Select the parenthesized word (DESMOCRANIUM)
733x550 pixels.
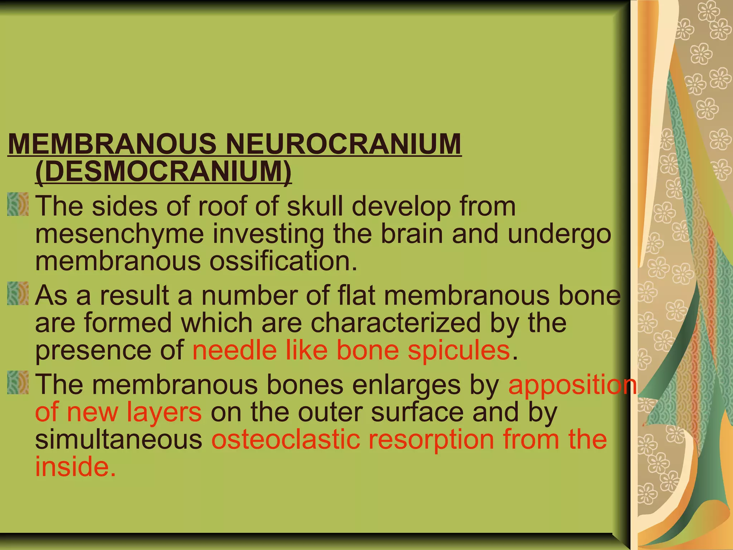coord(164,172)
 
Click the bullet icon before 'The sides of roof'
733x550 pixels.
coord(18,204)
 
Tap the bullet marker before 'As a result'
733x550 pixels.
coord(18,294)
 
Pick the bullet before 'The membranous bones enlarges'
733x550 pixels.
coord(18,383)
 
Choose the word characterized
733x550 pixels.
coord(395,323)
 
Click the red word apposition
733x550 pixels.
coord(573,385)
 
